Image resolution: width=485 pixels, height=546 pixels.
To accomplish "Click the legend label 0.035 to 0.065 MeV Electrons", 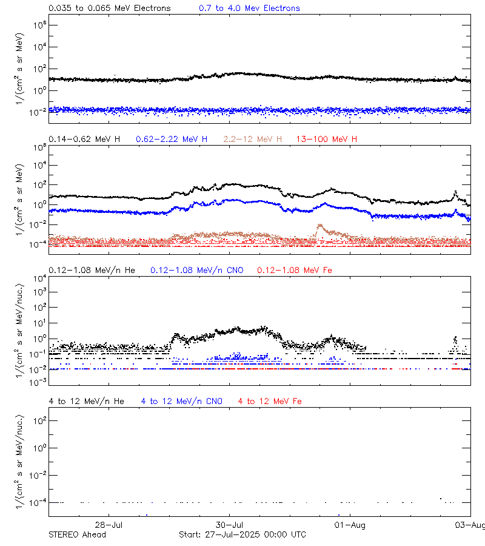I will pyautogui.click(x=109, y=8).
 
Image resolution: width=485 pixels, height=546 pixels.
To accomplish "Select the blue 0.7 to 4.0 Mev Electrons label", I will pyautogui.click(x=249, y=8).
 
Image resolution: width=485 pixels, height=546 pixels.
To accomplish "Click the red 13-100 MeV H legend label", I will pyautogui.click(x=327, y=140).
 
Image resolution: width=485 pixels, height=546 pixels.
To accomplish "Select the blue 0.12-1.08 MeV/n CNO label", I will pyautogui.click(x=196, y=270).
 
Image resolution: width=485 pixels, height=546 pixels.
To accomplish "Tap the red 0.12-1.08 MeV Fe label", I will pyautogui.click(x=295, y=270).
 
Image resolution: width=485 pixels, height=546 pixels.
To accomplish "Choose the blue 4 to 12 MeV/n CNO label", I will pyautogui.click(x=182, y=401).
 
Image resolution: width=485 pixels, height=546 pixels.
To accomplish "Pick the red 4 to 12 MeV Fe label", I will pyautogui.click(x=270, y=401).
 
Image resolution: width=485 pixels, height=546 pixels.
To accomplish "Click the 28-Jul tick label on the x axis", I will pyautogui.click(x=110, y=525).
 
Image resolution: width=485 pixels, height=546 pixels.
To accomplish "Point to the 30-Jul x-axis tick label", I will pyautogui.click(x=230, y=525).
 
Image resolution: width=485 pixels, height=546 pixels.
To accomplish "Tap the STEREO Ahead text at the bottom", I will pyautogui.click(x=77, y=534).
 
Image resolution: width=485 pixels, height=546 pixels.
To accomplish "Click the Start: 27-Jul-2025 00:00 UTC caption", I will pyautogui.click(x=242, y=534).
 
